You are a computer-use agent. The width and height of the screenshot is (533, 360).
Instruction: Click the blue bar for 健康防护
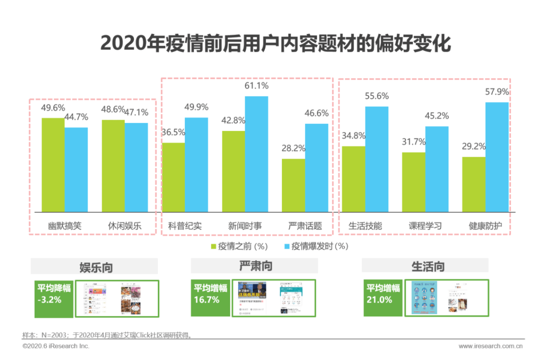coord(497,157)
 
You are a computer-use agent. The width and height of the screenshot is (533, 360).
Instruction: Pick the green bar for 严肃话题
coord(293,185)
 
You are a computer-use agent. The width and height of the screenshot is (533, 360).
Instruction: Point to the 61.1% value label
coord(256,86)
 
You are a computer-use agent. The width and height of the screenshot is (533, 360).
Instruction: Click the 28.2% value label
coord(293,148)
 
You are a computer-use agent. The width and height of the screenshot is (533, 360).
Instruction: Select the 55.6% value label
coord(377,96)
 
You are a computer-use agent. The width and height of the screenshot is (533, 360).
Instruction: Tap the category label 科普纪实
coord(185,226)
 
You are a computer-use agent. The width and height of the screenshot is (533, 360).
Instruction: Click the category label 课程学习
coord(425,226)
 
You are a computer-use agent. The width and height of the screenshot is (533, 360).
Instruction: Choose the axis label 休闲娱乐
coord(125,226)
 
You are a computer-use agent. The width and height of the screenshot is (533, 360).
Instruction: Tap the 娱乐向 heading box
coord(94,267)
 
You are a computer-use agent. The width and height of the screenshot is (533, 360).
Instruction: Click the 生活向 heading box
coord(425,266)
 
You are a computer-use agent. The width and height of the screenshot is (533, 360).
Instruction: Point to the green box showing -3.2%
coord(54,299)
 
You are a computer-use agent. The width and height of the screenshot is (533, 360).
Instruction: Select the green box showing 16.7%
coord(210,298)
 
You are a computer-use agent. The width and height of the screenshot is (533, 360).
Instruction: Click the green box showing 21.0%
coord(383,298)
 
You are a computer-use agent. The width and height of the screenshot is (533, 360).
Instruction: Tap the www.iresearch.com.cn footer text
coord(490,346)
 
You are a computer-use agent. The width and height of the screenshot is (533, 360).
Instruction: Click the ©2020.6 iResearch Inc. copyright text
coord(56,346)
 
